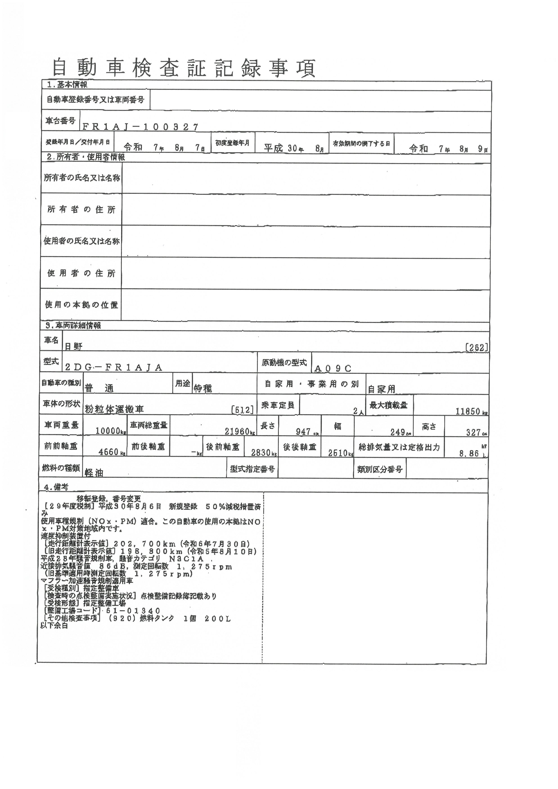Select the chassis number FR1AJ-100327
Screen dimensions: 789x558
(x=140, y=127)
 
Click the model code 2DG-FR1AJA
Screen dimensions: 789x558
(x=114, y=367)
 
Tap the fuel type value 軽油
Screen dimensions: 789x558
(x=94, y=473)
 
